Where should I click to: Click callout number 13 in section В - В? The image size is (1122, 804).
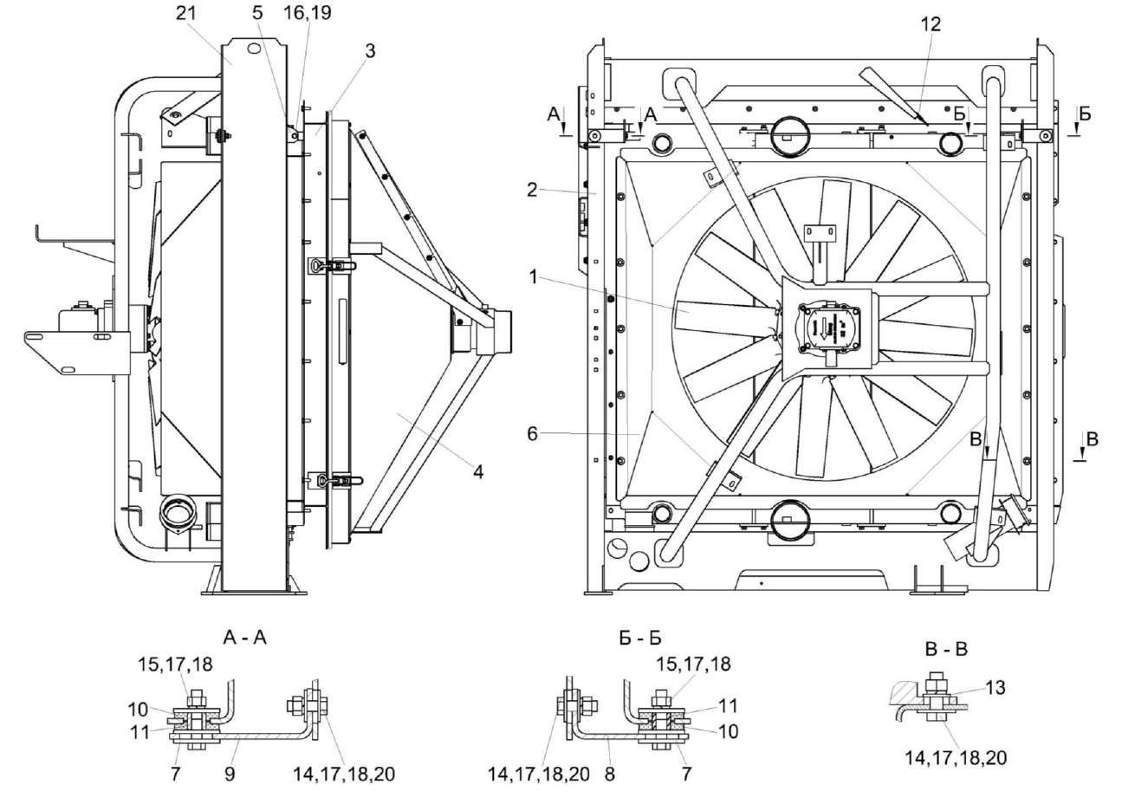pos(995,687)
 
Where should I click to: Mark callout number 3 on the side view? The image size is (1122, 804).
pos(370,50)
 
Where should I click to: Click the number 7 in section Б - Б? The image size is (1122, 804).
pos(687,775)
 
